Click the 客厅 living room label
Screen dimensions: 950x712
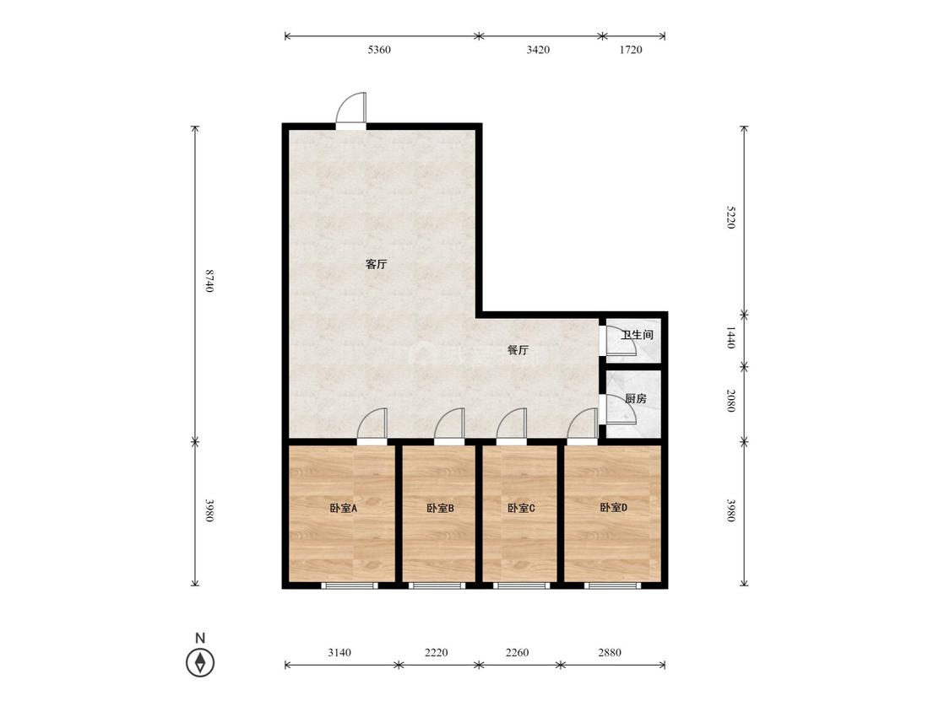pos(377,265)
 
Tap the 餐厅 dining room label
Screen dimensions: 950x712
pos(518,350)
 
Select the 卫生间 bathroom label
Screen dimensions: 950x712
pos(638,335)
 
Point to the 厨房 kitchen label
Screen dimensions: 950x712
pos(636,399)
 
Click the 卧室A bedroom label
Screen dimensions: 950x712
pos(344,509)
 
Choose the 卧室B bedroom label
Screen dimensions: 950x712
pos(441,509)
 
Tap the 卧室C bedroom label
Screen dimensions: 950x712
pos(521,509)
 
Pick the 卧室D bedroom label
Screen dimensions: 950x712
pos(614,508)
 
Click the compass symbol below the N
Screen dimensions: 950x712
pos(200,662)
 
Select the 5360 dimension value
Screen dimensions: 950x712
pos(379,50)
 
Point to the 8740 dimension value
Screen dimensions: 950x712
pos(209,281)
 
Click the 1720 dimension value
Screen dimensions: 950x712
pos(631,50)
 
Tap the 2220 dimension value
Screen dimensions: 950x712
pos(437,653)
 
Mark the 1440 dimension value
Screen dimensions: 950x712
pos(730,337)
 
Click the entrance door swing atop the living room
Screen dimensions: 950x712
pos(351,109)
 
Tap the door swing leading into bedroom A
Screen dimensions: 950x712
pos(372,423)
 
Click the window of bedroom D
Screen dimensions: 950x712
pos(612,585)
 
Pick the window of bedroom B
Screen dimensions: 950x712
pos(437,585)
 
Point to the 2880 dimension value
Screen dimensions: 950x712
pos(610,653)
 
